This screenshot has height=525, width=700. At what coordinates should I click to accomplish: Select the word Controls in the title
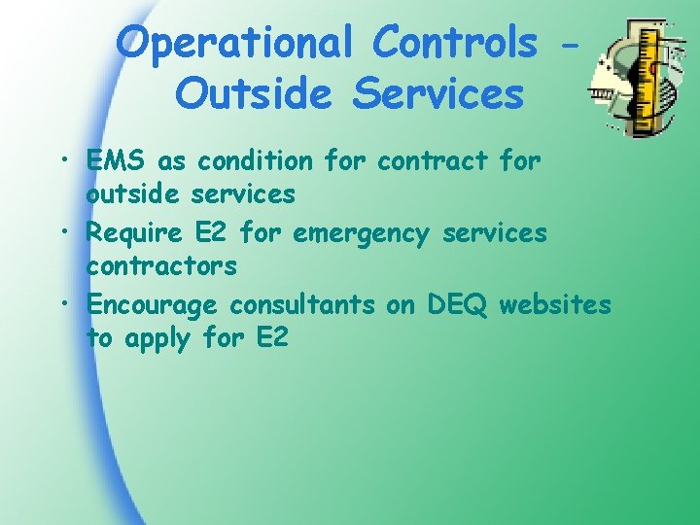pos(455,44)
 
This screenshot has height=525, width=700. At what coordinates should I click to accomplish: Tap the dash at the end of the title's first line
pos(573,46)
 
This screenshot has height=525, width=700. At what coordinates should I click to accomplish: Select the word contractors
pos(161,265)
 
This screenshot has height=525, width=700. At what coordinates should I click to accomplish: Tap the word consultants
pos(301,305)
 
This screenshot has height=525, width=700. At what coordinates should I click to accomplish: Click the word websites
pos(555,305)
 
